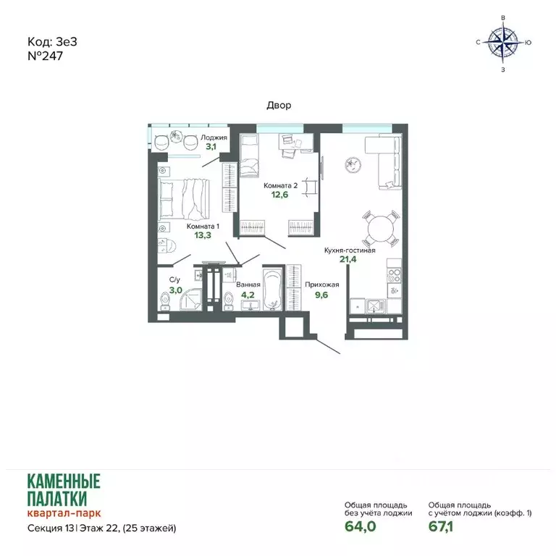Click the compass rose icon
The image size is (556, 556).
coord(503,43)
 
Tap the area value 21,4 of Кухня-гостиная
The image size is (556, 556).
coord(347,259)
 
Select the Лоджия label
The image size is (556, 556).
coord(214,138)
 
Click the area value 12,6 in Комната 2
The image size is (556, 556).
coord(279,195)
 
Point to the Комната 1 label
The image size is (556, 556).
coord(203,226)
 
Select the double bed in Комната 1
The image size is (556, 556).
coord(184,199)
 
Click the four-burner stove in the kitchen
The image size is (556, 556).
coord(394,276)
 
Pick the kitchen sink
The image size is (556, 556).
coord(376,306)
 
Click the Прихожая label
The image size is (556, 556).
coord(321,285)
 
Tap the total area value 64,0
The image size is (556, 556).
coord(360,526)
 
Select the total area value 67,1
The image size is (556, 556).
coord(440,526)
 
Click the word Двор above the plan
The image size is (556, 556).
coord(279,105)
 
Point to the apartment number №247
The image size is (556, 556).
coord(45,56)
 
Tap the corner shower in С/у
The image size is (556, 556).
coord(190,300)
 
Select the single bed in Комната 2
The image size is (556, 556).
coord(249,156)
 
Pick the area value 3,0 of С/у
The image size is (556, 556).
coord(175,290)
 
